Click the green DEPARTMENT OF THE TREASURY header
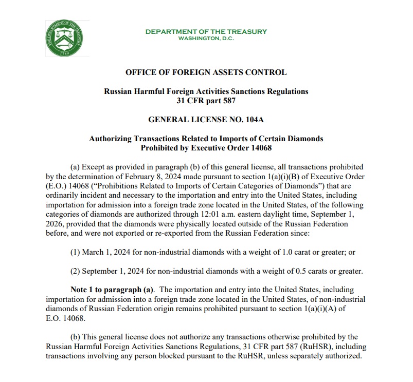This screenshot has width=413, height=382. [x=206, y=31]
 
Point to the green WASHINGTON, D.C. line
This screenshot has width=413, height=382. [x=206, y=39]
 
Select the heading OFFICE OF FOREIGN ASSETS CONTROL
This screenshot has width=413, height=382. [x=206, y=72]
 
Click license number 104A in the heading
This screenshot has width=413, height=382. [x=253, y=119]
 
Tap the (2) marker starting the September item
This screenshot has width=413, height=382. [x=75, y=271]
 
